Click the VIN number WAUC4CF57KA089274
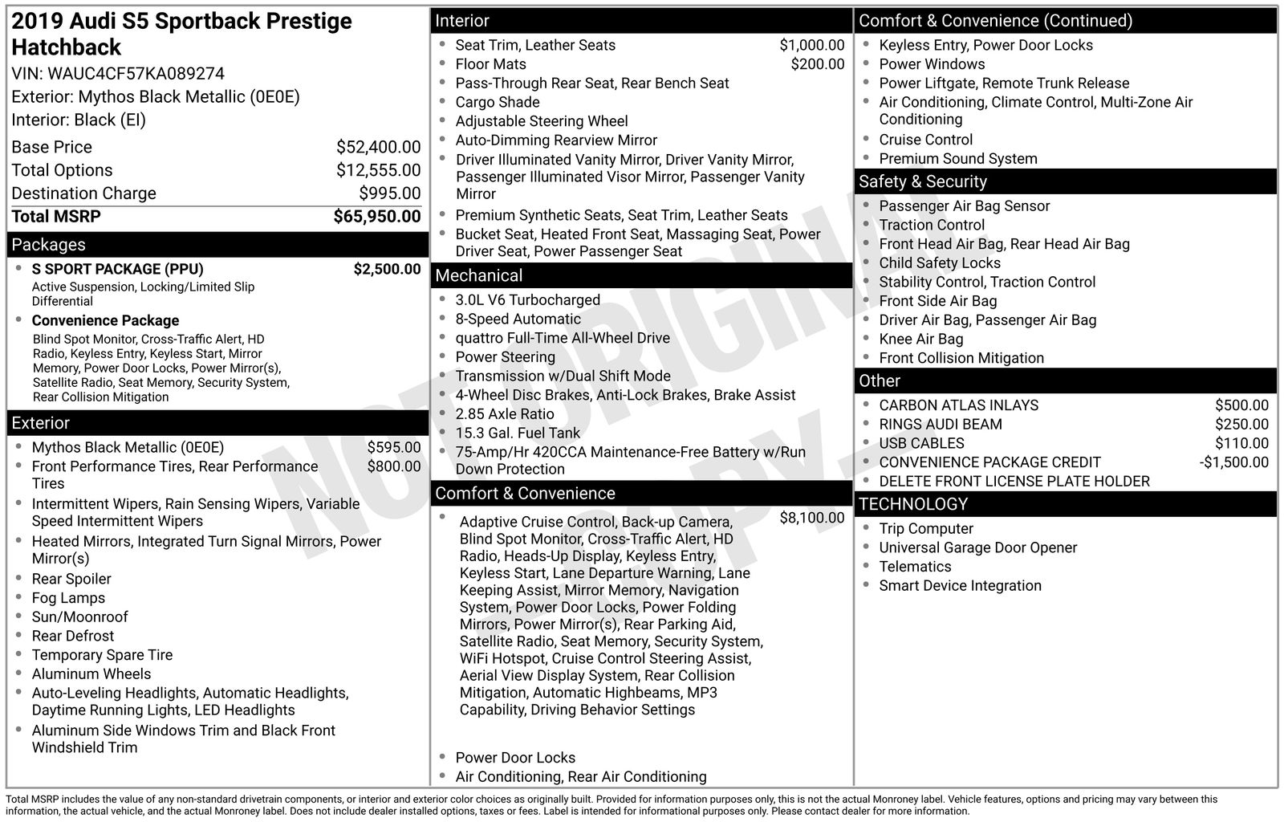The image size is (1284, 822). tap(136, 74)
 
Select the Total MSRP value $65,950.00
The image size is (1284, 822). tap(376, 217)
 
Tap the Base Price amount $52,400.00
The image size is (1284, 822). tap(378, 147)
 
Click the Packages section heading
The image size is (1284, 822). tap(49, 245)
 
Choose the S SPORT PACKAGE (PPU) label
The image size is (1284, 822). tap(117, 269)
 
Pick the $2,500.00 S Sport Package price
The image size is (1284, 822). tap(387, 269)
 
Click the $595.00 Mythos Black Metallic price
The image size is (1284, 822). tap(393, 447)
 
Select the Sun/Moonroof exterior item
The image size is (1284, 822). tap(79, 616)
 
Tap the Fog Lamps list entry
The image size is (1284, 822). tap(68, 598)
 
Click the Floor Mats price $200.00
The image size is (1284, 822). tap(817, 64)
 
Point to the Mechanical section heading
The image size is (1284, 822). tap(479, 275)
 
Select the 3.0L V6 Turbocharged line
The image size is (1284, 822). tap(527, 300)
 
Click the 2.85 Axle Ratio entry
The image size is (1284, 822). tap(505, 414)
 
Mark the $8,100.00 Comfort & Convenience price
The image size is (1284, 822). tap(811, 518)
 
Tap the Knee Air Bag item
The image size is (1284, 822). tap(920, 339)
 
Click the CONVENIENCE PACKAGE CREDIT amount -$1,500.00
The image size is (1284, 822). tap(1233, 462)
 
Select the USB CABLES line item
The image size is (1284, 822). tap(921, 443)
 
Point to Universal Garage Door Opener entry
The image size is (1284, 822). tap(977, 547)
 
